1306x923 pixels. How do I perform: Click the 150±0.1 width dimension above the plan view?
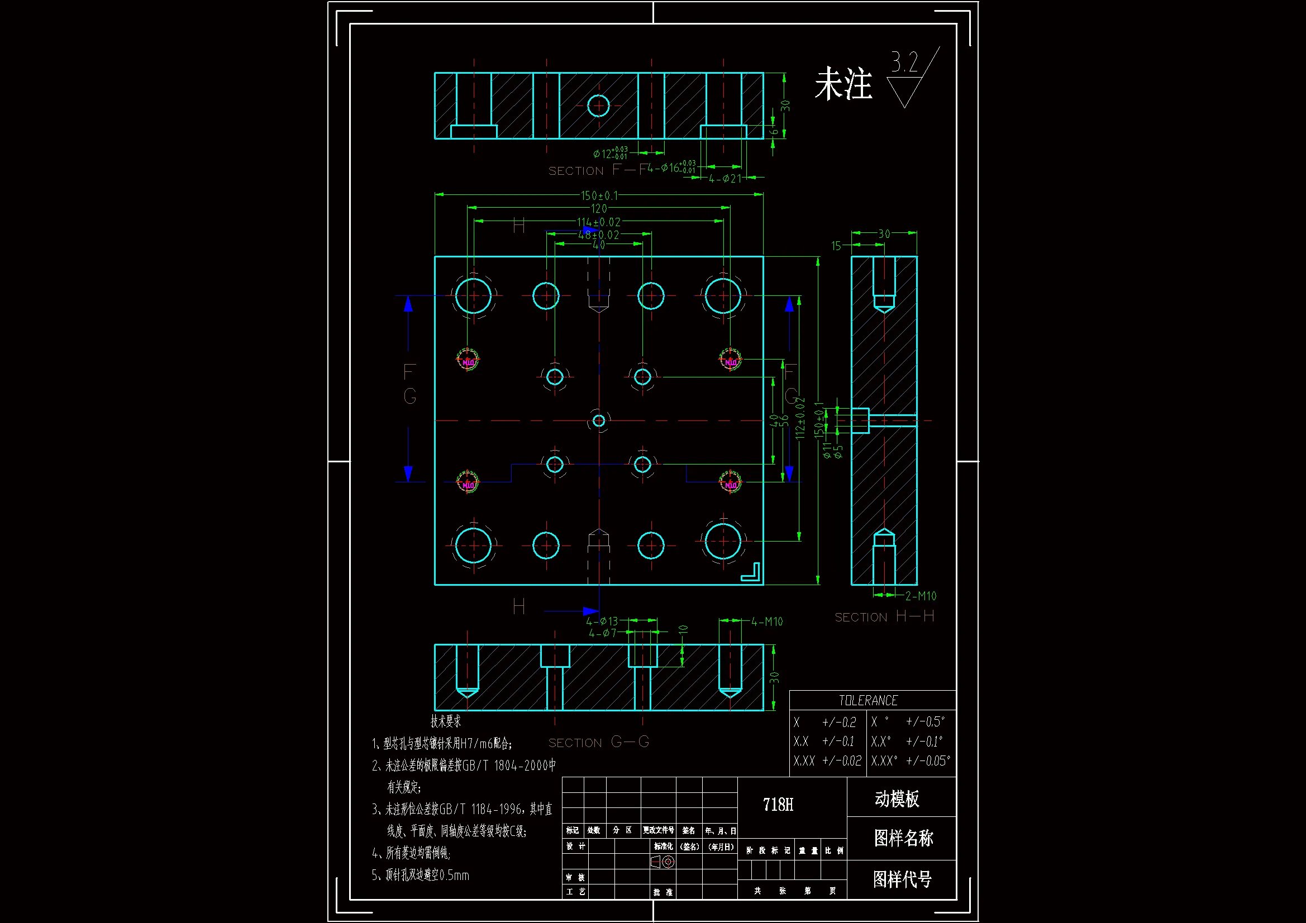click(x=599, y=195)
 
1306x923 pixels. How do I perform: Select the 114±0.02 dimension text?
click(x=599, y=222)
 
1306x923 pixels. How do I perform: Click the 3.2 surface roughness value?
click(x=904, y=62)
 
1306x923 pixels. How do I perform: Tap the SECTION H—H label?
click(x=884, y=617)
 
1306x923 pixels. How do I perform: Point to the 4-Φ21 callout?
click(x=725, y=179)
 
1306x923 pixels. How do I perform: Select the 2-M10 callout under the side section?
click(x=921, y=596)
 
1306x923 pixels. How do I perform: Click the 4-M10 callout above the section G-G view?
click(x=767, y=622)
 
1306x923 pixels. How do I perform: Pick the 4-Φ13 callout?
click(x=602, y=621)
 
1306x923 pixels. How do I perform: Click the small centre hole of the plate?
click(x=599, y=421)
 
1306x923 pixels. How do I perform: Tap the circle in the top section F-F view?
click(x=598, y=106)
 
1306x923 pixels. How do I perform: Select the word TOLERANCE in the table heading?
click(x=868, y=701)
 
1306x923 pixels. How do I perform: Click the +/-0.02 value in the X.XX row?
click(x=842, y=761)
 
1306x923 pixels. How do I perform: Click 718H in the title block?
click(x=778, y=805)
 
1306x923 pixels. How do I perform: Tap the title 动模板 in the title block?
click(x=897, y=799)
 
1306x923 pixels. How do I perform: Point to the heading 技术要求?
click(x=445, y=721)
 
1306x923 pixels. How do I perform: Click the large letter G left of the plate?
click(x=409, y=396)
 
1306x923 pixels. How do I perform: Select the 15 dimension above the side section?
click(x=836, y=246)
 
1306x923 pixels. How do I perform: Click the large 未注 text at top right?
click(x=843, y=84)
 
